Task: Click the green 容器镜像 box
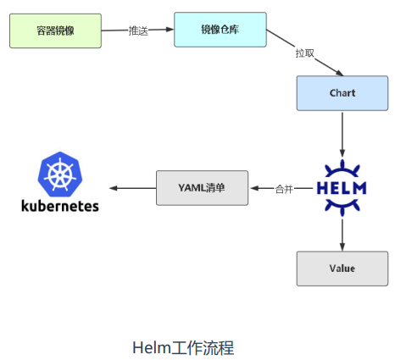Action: point(55,30)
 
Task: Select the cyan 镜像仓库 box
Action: point(220,30)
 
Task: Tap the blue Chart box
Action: point(342,93)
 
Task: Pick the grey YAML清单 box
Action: point(202,188)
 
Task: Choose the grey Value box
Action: point(342,269)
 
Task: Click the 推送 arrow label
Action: point(138,30)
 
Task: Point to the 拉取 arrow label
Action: point(305,53)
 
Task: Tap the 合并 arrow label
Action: point(284,189)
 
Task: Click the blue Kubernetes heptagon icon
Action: point(60,174)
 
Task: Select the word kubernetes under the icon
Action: point(60,206)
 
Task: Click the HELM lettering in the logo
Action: point(342,188)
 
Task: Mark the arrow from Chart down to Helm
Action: point(342,135)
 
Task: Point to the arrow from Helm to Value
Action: point(342,235)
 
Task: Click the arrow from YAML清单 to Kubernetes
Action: point(132,188)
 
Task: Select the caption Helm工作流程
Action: point(183,347)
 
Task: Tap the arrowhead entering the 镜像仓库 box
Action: point(170,29)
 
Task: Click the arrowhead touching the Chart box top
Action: point(339,73)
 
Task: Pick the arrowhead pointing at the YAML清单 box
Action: point(254,188)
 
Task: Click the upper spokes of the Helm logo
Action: point(342,169)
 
